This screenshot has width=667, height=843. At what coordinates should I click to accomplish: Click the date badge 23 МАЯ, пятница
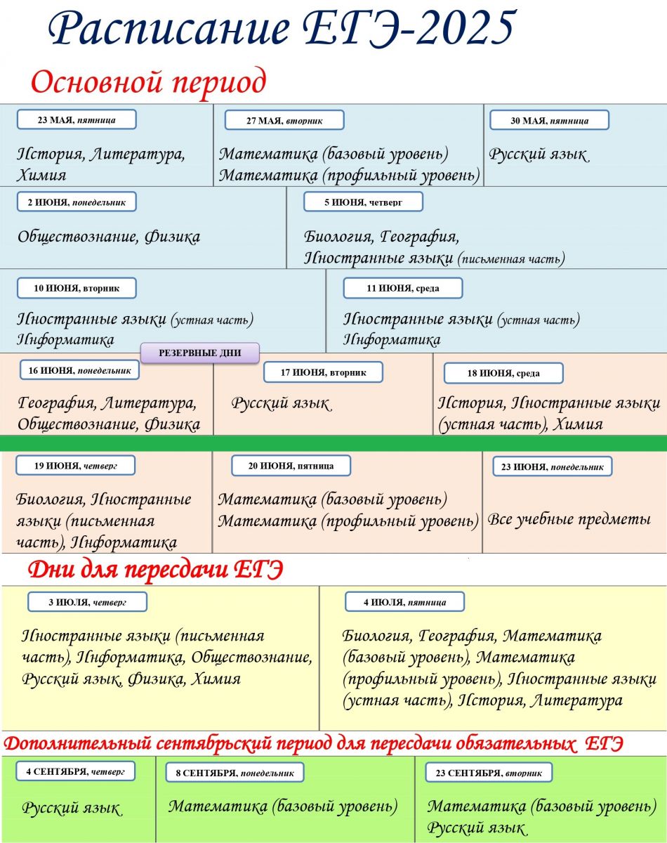[77, 120]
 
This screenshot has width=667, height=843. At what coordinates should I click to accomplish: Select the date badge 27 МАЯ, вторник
[284, 120]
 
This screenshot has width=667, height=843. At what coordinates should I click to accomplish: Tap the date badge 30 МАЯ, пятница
[549, 121]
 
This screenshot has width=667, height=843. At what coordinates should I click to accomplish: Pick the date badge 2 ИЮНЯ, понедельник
[77, 202]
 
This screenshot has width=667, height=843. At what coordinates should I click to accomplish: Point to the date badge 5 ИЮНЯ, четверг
[363, 202]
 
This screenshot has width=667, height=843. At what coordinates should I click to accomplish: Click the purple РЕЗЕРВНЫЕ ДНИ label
[200, 353]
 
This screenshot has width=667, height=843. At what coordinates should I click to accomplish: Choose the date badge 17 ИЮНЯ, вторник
[323, 372]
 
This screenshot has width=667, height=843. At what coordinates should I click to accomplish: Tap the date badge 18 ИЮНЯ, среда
[503, 373]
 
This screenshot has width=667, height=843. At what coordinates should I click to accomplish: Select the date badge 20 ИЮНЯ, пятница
[291, 465]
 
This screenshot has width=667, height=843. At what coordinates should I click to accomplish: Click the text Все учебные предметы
[569, 520]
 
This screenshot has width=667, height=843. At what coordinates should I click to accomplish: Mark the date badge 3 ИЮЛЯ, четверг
[87, 602]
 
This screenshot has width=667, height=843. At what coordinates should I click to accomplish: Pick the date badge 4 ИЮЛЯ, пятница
[405, 602]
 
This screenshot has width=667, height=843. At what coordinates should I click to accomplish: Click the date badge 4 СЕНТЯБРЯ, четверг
[75, 771]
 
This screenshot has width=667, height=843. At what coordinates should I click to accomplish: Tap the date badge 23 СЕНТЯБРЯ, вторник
[489, 773]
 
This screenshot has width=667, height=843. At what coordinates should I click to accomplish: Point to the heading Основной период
[149, 83]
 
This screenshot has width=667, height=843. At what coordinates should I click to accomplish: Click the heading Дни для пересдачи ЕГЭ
[155, 570]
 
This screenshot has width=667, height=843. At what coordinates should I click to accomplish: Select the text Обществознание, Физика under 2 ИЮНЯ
[109, 237]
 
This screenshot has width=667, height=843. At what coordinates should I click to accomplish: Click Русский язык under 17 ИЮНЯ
[281, 404]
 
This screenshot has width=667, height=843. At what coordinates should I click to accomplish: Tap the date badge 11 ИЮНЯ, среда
[402, 288]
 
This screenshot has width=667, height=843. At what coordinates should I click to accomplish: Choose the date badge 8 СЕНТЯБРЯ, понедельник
[235, 773]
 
